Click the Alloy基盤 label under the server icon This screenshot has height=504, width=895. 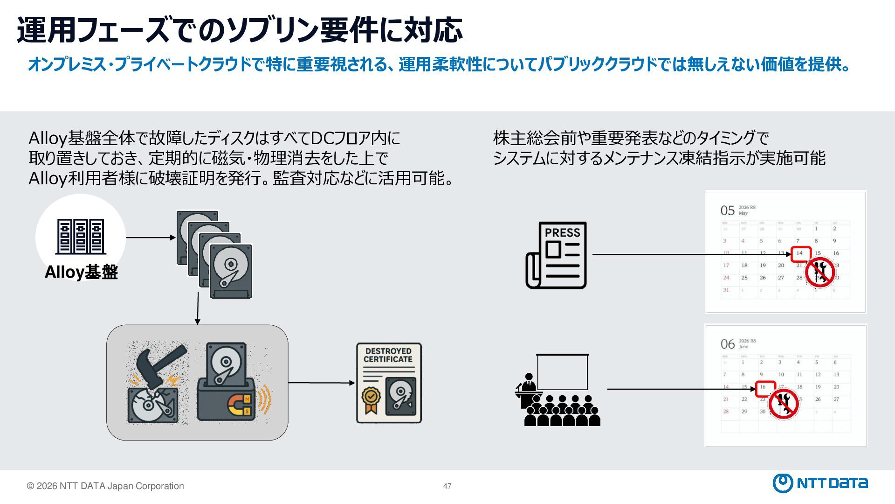click(x=81, y=272)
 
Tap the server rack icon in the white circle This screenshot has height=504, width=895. click(x=81, y=236)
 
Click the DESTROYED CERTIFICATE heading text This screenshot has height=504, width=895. click(x=388, y=355)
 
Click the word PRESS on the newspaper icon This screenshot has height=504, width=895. click(x=562, y=232)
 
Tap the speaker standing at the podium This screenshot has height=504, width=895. click(x=529, y=384)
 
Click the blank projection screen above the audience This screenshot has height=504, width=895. click(x=562, y=371)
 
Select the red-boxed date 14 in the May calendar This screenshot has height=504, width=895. click(x=800, y=253)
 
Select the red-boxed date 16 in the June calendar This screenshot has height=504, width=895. click(x=763, y=387)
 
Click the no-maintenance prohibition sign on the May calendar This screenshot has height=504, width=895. click(x=820, y=272)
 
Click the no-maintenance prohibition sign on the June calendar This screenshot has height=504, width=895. click(x=784, y=404)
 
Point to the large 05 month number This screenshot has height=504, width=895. click(x=727, y=210)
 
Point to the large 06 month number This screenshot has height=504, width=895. click(x=727, y=344)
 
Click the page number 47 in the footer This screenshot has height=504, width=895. click(x=447, y=486)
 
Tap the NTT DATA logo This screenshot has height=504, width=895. click(x=820, y=483)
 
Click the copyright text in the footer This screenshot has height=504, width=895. click(x=105, y=486)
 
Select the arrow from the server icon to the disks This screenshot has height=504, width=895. click(x=150, y=238)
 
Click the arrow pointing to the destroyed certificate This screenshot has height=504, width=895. click(x=321, y=383)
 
